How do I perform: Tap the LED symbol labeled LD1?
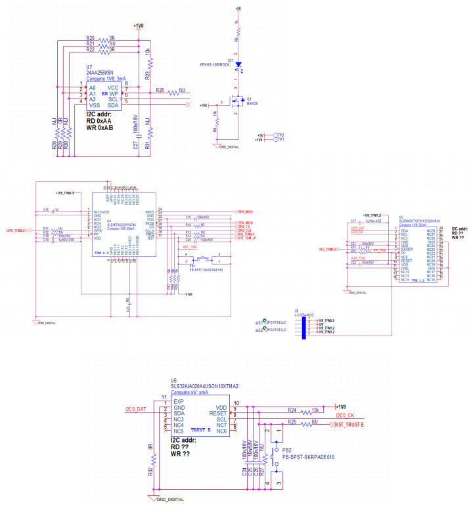(238, 66)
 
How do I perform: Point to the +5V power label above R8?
(237, 9)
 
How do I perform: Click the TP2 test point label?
(280, 135)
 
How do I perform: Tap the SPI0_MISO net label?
(246, 211)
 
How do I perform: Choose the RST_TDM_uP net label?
(248, 238)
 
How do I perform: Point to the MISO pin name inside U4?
(149, 211)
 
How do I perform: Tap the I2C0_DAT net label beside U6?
(135, 410)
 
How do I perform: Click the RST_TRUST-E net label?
(349, 425)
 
